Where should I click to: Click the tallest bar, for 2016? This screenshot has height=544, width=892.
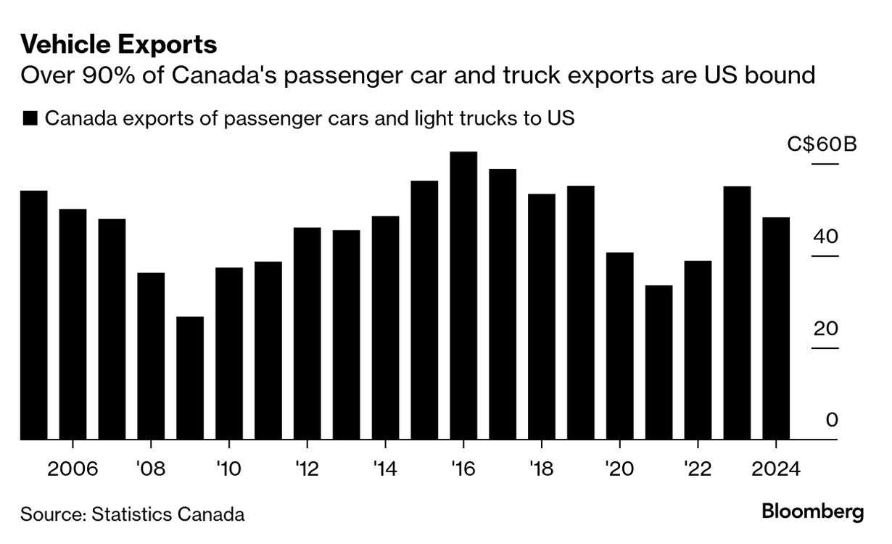click(463, 295)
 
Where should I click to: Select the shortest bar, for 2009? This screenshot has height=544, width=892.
click(190, 378)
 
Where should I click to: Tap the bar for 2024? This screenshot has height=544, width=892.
click(776, 328)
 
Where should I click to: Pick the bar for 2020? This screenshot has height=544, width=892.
click(620, 346)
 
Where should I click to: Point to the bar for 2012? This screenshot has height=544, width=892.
click(307, 334)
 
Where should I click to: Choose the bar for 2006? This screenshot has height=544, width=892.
click(73, 324)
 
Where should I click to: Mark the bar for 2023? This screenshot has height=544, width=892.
click(737, 313)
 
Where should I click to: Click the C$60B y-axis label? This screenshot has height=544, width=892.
click(822, 144)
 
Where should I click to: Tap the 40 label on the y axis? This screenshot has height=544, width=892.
click(825, 236)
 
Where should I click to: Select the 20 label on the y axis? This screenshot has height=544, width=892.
click(825, 329)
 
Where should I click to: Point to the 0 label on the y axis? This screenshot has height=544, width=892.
click(832, 420)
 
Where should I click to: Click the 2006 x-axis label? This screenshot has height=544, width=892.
click(73, 469)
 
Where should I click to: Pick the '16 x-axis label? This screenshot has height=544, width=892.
click(463, 469)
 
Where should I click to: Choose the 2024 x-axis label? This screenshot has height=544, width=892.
click(776, 469)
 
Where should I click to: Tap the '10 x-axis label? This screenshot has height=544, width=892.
click(229, 469)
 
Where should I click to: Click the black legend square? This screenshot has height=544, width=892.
click(30, 118)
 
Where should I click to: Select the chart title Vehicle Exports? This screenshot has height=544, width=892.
click(119, 44)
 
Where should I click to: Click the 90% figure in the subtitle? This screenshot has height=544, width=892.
click(108, 75)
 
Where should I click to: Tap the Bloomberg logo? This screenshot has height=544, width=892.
click(813, 513)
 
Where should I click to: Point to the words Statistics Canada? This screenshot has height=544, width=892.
click(168, 514)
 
